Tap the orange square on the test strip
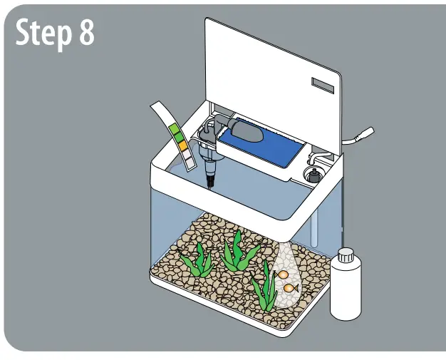[x=182, y=145]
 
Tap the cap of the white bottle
[x=346, y=254]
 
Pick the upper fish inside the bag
[x=283, y=274]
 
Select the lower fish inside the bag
[x=290, y=288]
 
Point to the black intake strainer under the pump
[x=212, y=179]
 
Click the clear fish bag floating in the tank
[x=286, y=278]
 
